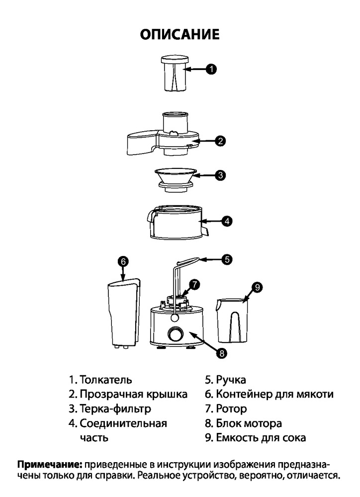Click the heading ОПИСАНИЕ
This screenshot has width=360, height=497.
(x=180, y=34)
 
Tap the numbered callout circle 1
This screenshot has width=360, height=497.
(x=211, y=70)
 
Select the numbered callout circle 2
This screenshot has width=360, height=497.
(x=220, y=141)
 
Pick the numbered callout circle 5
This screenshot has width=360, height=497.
(x=226, y=258)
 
